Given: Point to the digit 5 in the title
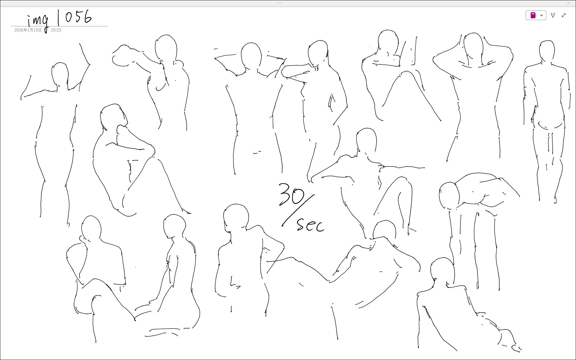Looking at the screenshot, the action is coord(78,17).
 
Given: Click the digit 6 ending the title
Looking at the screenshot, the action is coord(88,16).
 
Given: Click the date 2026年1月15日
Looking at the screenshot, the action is coord(28,30).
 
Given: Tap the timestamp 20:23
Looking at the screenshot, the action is coord(56,30).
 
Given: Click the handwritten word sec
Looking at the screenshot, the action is coord(310,225).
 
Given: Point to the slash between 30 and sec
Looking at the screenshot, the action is coord(298,210).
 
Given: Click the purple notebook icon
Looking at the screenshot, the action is coord(533,15).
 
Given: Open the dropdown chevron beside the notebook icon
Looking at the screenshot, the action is coord(542,15).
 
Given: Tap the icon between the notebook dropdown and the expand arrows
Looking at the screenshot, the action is coord(553,15).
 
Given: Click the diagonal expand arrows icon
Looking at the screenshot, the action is coord(564,15).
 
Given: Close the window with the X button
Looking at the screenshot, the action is coord(569,3).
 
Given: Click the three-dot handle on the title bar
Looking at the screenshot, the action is coord(279,3).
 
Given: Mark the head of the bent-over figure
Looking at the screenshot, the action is coord(449,196).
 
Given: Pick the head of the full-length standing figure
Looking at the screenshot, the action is coord(547,51).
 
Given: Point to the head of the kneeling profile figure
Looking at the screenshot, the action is coord(175,226).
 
